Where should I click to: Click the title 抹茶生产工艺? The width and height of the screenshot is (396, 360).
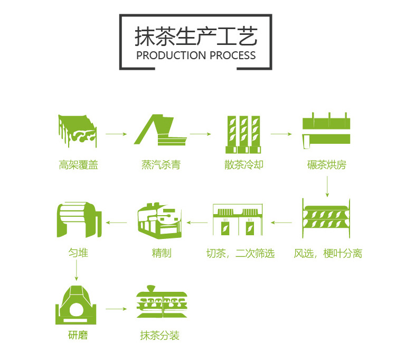coord(196,36)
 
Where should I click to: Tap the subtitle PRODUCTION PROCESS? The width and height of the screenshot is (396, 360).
coord(196,56)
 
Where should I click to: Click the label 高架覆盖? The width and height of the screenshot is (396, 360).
coord(79,165)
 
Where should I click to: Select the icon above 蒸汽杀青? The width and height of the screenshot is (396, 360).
coord(161,130)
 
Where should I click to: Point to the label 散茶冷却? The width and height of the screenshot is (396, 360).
coord(243,165)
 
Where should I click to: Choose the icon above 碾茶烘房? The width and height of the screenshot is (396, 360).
coord(326,130)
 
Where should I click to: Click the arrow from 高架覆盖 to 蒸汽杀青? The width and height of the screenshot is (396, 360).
coord(116,134)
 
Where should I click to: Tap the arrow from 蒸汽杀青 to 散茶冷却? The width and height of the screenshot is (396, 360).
coord(201,134)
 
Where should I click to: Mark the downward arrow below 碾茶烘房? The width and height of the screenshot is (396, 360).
coord(327,184)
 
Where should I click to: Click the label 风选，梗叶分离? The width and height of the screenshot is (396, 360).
coord(328,253)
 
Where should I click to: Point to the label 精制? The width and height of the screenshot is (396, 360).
coord(161,253)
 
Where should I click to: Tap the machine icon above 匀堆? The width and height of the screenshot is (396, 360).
coord(78,219)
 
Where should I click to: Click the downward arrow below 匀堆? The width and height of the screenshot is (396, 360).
coord(77,270)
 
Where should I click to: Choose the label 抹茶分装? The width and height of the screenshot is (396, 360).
coord(160,336)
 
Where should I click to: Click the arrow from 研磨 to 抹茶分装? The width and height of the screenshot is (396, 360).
coord(116,308)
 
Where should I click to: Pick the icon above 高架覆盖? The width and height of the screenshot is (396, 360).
coord(77,130)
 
